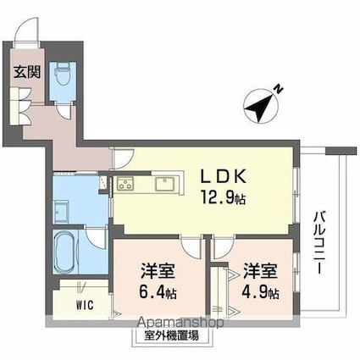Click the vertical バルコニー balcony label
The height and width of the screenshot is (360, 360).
(321, 241)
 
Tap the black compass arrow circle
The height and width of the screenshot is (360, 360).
(258, 108)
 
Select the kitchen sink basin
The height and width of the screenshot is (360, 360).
(166, 184)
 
